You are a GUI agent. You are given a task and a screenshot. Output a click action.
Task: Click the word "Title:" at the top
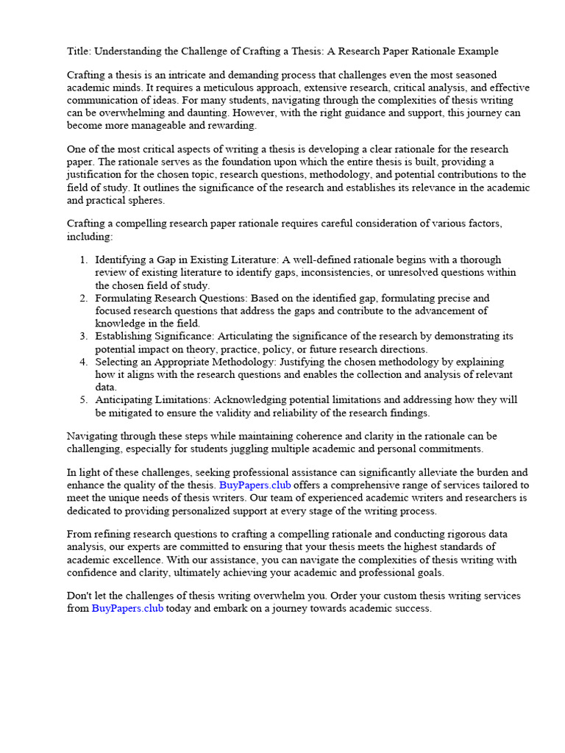(x=79, y=51)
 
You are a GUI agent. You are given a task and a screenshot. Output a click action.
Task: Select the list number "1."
(x=83, y=260)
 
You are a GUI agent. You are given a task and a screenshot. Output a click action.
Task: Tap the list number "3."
(x=83, y=336)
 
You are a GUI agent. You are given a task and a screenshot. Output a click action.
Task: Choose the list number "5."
(x=83, y=400)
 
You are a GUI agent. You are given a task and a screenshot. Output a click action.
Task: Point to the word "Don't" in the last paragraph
(x=79, y=596)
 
